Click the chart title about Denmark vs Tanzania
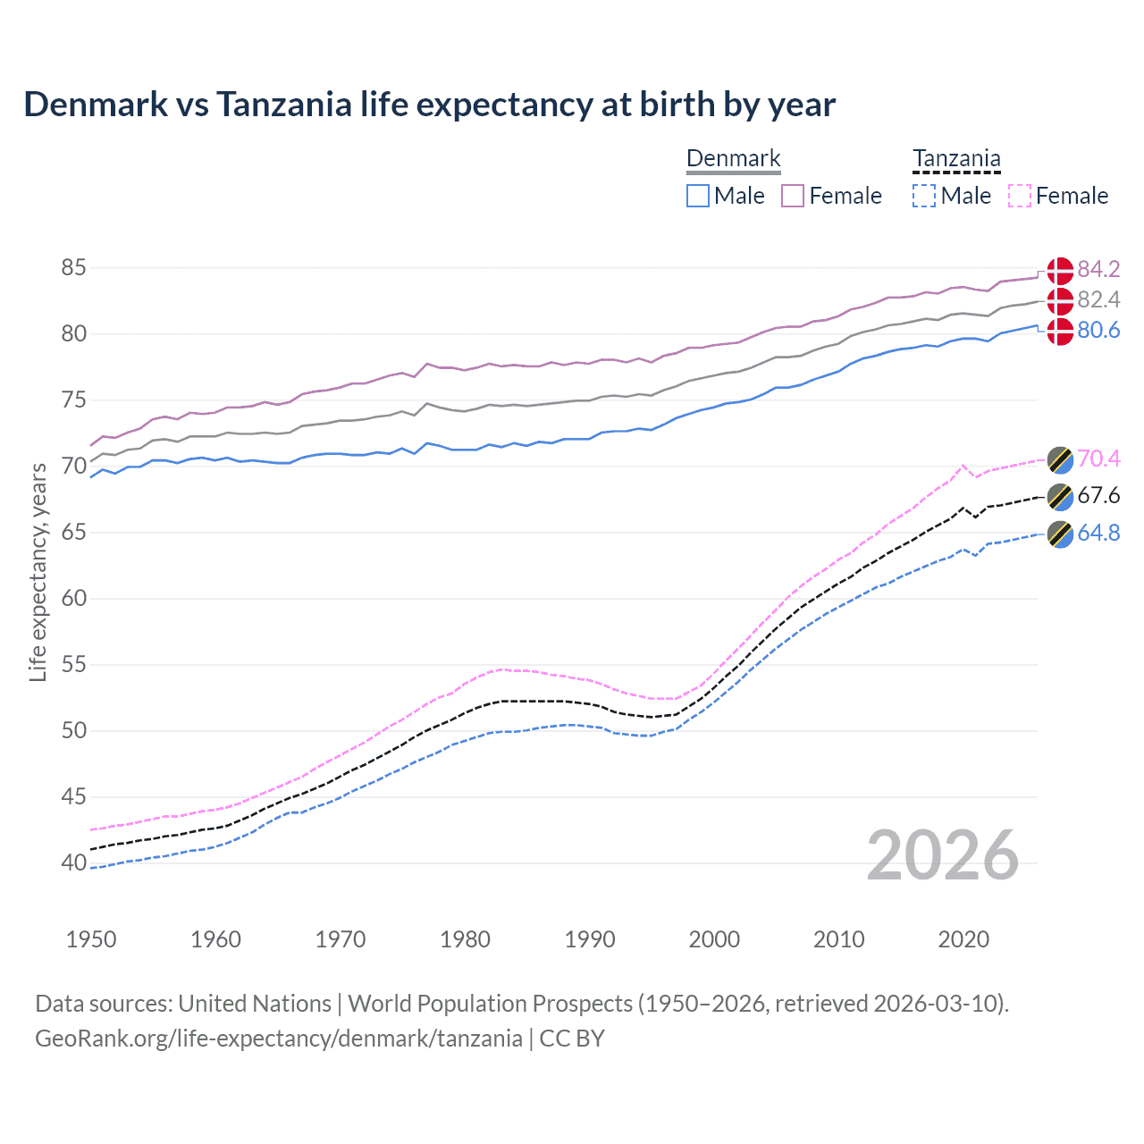[429, 105]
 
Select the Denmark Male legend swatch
[698, 196]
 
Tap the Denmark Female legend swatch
[793, 196]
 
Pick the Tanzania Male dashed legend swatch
[924, 196]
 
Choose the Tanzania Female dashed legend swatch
[1020, 196]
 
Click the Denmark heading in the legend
[734, 159]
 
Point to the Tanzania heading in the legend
[956, 159]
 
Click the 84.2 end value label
[1098, 269]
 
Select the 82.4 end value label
[1098, 299]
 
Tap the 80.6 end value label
[1098, 331]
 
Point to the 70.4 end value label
[1098, 458]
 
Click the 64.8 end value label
[1098, 534]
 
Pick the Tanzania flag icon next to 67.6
[1060, 496]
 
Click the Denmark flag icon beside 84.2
[1060, 270]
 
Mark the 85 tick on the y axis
[74, 267]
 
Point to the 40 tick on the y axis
[74, 862]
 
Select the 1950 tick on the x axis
[91, 939]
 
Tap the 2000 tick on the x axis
[714, 939]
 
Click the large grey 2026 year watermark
[943, 855]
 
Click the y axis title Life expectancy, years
[38, 572]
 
